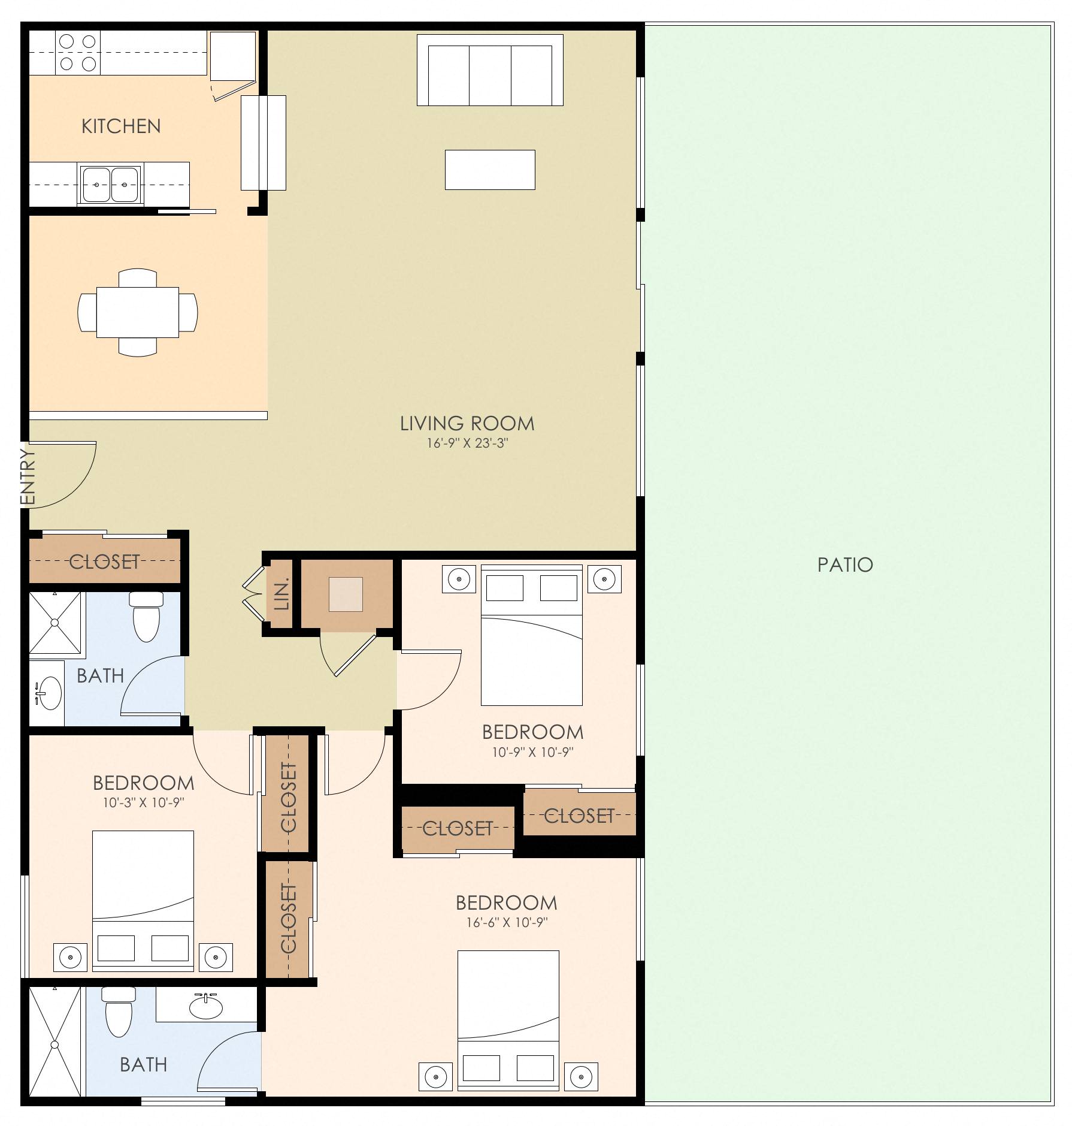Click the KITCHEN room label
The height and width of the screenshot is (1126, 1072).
click(121, 126)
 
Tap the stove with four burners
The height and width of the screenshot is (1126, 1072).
click(78, 53)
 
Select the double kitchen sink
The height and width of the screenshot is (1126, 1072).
click(110, 185)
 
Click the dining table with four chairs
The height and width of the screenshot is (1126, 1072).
click(138, 312)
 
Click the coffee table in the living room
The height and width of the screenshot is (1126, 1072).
click(489, 170)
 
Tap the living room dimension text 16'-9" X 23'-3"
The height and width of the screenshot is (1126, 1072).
click(467, 444)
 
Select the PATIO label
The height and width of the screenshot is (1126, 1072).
click(845, 564)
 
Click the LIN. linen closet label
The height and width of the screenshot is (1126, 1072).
click(281, 594)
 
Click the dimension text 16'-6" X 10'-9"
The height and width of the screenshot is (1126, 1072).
click(507, 923)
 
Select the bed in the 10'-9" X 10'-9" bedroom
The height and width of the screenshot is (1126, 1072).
click(532, 638)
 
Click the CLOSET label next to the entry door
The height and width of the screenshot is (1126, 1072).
click(105, 562)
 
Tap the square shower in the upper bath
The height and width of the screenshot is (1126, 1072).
click(54, 623)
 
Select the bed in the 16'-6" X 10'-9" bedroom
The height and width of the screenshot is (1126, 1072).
click(508, 1016)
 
